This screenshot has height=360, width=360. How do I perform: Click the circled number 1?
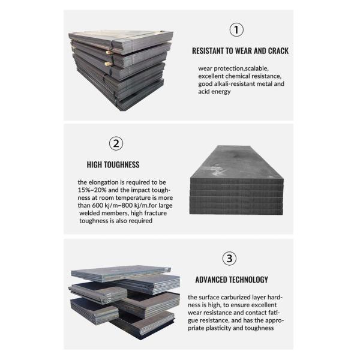(237, 29)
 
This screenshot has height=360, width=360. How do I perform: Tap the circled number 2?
(116, 143)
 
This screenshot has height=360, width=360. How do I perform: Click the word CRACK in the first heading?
(277, 51)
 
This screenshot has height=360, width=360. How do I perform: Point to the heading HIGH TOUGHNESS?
(113, 164)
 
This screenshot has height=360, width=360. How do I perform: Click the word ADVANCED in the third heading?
(213, 280)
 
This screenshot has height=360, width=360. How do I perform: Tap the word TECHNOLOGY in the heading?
(250, 280)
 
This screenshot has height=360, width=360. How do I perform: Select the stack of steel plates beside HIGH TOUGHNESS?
(236, 181)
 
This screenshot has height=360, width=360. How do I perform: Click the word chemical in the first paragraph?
(245, 76)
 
